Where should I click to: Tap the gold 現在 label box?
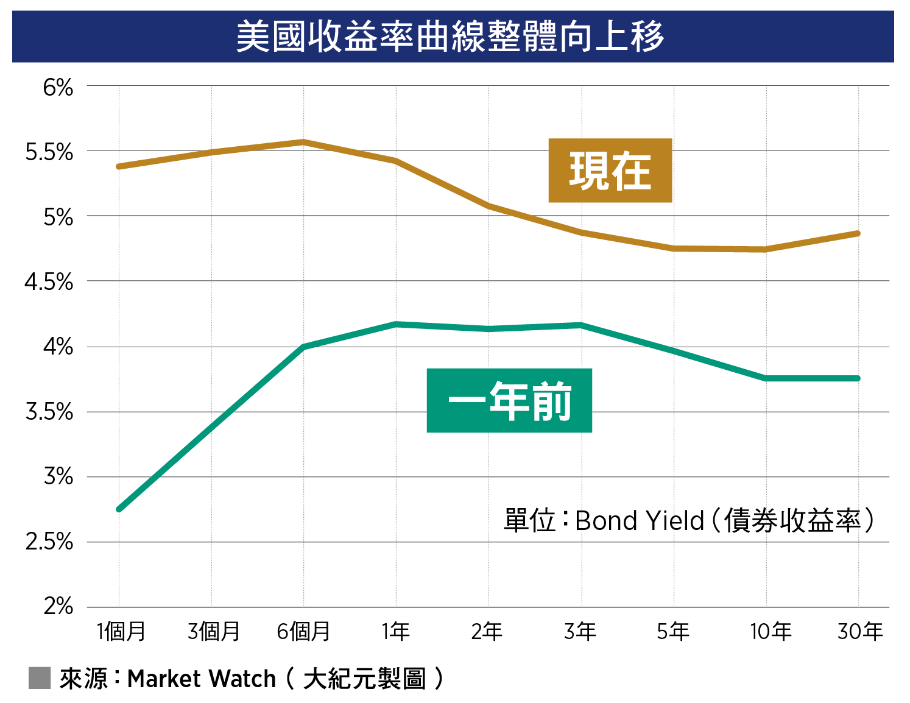pos(610,171)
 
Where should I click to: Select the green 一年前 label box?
pos(509,400)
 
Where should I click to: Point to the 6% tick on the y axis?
pos(58,88)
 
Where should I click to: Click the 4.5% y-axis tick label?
pos(49,282)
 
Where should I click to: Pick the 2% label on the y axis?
pos(58,606)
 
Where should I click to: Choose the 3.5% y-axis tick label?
pos(49,412)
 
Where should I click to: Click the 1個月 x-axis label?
pos(121,632)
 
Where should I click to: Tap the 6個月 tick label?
pos(303,632)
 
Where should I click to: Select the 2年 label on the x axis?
pos(487,632)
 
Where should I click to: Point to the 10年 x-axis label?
pos(770,632)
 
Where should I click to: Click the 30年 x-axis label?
pos(860,632)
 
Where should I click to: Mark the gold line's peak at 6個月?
pos(303,142)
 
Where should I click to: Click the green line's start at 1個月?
pos(119,509)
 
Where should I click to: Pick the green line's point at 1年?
pos(396,324)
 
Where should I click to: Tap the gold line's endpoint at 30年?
pos(858,233)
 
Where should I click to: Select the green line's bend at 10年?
pos(766,378)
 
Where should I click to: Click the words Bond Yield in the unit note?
pos(639,521)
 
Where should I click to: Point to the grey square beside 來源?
pos(40,678)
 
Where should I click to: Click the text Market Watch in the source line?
pos(202,679)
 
